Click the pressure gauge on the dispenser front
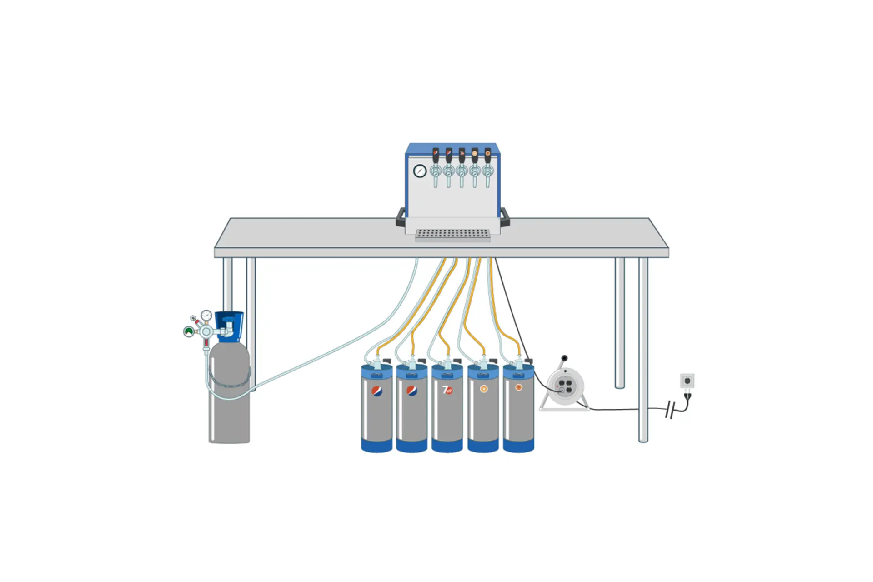[420, 171]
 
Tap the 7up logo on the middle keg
[447, 390]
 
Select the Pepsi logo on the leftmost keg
[377, 391]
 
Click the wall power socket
[687, 381]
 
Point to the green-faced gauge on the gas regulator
[189, 331]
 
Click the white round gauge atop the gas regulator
[206, 315]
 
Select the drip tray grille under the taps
[453, 234]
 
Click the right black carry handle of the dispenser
[505, 217]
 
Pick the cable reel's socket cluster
[565, 386]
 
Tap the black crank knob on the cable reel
[564, 358]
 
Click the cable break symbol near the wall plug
[669, 409]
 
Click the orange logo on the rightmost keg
[518, 387]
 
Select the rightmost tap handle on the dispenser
[488, 156]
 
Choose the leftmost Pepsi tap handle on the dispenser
[436, 156]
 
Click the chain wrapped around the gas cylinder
[230, 379]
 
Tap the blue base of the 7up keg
[447, 446]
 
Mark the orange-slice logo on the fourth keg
[484, 389]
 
